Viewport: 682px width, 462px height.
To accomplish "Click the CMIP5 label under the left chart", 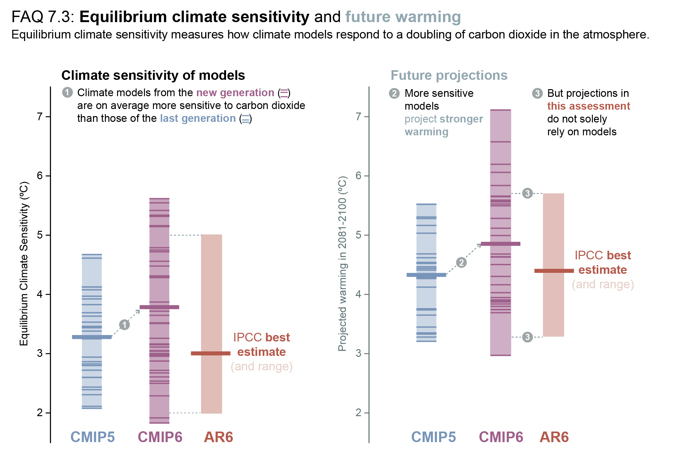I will (x=92, y=437).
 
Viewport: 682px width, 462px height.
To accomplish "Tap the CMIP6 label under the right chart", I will (x=501, y=437).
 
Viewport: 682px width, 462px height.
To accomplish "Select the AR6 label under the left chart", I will (x=218, y=437).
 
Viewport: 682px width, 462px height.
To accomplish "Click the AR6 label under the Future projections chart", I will (x=554, y=437).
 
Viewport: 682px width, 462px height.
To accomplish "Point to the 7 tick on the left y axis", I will (x=40, y=117).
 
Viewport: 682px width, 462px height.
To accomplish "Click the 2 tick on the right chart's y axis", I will (x=358, y=413).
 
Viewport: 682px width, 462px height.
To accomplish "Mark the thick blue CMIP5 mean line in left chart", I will (x=92, y=337).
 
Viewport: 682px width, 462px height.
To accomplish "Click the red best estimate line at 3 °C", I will (x=211, y=353).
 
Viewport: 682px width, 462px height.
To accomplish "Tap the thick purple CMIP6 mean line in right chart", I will (x=501, y=244).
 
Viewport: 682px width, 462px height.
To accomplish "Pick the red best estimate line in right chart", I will (x=554, y=271).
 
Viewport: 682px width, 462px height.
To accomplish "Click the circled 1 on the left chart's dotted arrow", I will (x=124, y=325).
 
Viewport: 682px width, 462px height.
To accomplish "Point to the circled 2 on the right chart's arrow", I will (x=461, y=263).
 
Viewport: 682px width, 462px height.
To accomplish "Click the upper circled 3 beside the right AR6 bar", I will (x=527, y=193).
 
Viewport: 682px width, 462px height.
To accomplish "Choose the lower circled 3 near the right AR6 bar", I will (x=527, y=337).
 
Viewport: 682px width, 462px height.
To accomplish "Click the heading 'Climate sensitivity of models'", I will (x=153, y=75).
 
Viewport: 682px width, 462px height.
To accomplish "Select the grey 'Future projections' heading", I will (x=449, y=75).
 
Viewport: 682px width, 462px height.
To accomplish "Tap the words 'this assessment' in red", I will (x=588, y=106).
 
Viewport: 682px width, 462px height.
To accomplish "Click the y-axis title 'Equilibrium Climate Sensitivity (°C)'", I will (x=24, y=264).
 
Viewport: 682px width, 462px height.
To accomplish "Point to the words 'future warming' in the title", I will (x=403, y=17).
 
